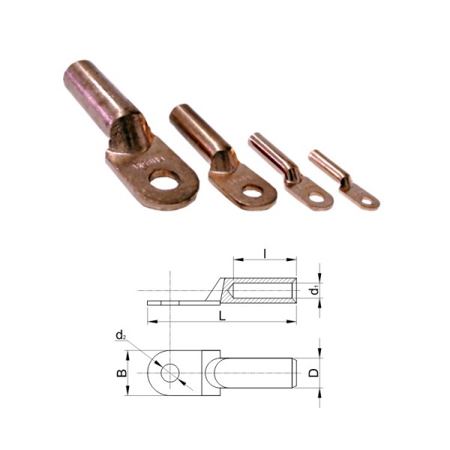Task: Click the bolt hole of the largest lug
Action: click(164, 180)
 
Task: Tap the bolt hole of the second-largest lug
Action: click(253, 191)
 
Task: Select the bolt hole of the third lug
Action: click(316, 197)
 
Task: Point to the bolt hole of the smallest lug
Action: click(367, 201)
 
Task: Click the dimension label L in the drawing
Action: click(222, 316)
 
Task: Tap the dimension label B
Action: click(121, 373)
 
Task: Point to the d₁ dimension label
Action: click(315, 290)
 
